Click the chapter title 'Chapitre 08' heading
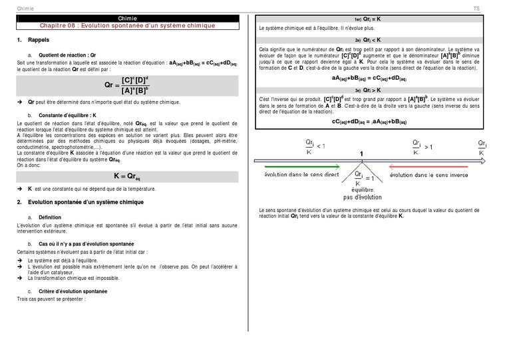127,26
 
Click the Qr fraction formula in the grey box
126,85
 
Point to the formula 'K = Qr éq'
126,176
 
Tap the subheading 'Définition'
50,217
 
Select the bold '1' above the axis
361,154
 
